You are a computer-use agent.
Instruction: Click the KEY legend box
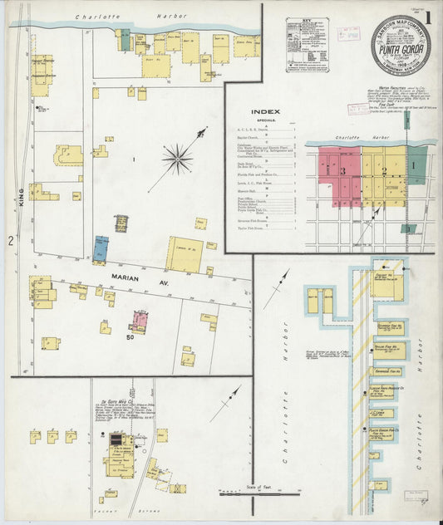click(x=306, y=35)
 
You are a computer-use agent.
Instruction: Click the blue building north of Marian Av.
click(x=101, y=248)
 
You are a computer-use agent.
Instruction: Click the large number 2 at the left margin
click(x=10, y=241)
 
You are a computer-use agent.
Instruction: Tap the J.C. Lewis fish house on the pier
click(x=383, y=412)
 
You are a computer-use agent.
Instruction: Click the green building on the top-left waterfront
click(x=124, y=40)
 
